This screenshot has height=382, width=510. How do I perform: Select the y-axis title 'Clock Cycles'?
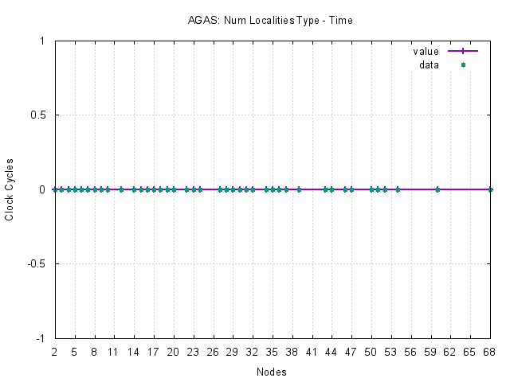click(10, 189)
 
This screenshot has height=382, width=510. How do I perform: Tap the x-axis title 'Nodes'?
click(272, 372)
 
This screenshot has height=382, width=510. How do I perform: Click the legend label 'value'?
click(426, 51)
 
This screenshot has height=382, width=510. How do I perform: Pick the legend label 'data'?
click(429, 65)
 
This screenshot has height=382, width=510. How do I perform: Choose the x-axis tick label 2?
click(55, 351)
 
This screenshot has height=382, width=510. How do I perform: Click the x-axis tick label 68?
click(490, 351)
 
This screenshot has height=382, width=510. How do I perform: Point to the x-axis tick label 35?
click(273, 351)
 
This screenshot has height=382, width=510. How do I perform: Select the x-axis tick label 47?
click(351, 351)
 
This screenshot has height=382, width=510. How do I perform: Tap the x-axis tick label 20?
click(174, 351)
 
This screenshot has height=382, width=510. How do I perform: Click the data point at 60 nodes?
click(437, 189)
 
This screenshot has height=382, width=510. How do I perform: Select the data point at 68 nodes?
click(490, 189)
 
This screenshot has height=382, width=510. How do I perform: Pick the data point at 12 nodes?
click(121, 189)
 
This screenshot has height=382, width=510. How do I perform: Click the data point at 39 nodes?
click(299, 189)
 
